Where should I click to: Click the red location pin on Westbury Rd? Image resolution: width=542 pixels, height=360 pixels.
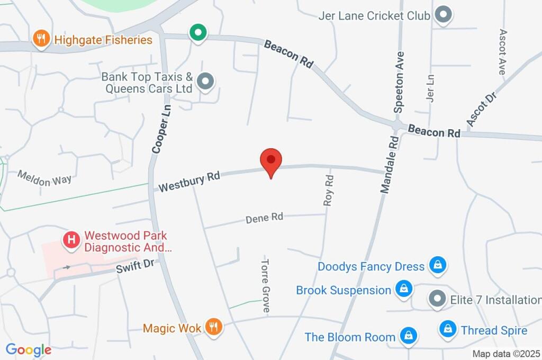(271, 160)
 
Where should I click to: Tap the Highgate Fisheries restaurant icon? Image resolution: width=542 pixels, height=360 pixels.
(41, 39)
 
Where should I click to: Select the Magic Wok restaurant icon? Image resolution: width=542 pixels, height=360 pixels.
(214, 328)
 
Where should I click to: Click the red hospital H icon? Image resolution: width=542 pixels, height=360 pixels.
(71, 240)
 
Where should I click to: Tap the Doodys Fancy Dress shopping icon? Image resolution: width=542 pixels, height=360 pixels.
(437, 265)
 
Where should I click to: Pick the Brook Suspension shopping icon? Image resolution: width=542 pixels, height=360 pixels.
(403, 289)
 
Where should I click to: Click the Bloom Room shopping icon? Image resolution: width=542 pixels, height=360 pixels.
(408, 336)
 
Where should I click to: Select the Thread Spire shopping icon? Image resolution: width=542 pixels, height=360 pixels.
(448, 330)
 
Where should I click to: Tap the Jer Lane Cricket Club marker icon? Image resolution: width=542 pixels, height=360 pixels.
(442, 15)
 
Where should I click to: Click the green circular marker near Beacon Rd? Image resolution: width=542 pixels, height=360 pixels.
(197, 33)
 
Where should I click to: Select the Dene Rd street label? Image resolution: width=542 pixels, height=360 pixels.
(265, 217)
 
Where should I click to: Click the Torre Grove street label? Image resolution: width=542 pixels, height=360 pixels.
(266, 285)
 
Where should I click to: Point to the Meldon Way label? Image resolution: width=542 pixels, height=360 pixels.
(44, 178)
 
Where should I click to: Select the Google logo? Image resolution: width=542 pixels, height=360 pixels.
(29, 349)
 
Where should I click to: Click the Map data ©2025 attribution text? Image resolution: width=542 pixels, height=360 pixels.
(505, 354)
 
